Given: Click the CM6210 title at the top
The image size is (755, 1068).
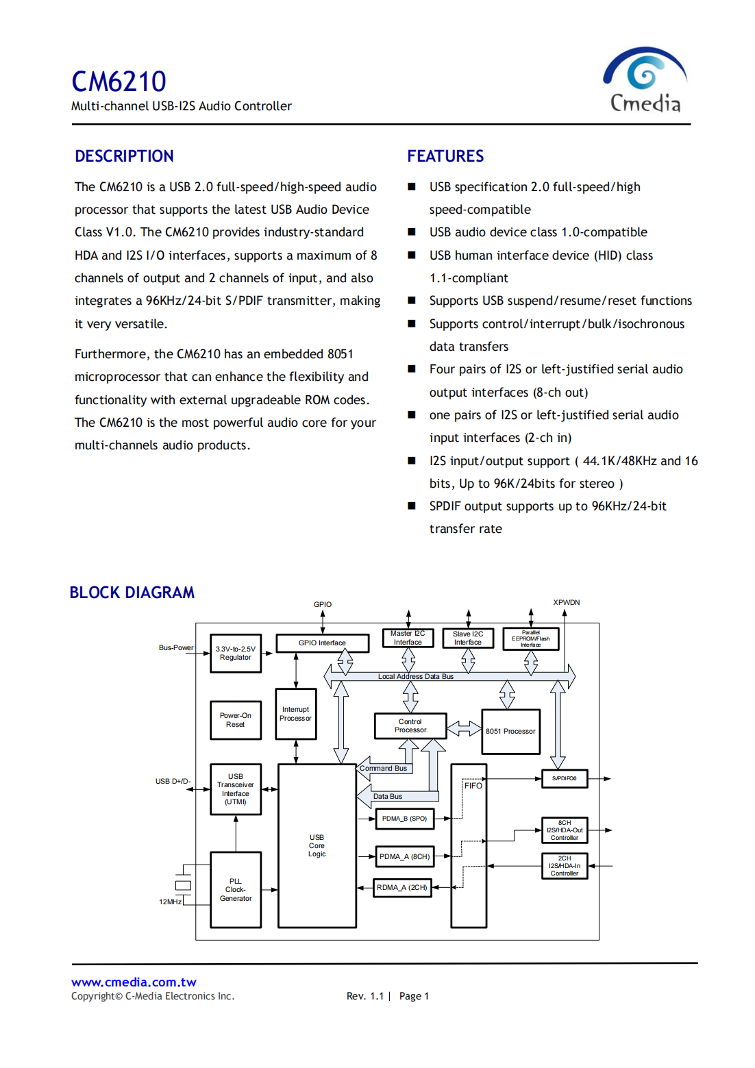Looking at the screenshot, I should [119, 82].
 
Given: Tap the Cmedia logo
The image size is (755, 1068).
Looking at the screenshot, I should [645, 80].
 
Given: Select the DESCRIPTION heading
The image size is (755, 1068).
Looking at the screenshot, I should [124, 156].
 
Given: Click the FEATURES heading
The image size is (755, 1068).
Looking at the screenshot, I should [445, 156].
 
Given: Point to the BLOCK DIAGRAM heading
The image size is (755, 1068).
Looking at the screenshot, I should [132, 593].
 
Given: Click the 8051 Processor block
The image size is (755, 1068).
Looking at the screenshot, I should [510, 732].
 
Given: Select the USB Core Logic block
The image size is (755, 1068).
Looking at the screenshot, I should [317, 846].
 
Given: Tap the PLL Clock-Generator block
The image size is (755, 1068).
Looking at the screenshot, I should [236, 890].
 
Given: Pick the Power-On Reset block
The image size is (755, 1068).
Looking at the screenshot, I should [236, 720].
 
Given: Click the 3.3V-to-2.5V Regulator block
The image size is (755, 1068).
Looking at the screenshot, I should [236, 654].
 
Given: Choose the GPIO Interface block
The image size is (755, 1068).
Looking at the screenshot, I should [322, 643].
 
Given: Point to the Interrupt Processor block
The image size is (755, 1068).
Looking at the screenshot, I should [295, 714].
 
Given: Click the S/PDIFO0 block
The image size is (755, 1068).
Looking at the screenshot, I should [565, 779].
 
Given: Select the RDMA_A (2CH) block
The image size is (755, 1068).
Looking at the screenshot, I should [402, 888].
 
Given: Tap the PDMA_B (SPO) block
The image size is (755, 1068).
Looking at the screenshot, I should [404, 819].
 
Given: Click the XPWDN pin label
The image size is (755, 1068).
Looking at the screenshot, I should [567, 603].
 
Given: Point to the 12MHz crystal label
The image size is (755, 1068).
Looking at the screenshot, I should [171, 902].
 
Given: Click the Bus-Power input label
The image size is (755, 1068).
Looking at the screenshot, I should [176, 648].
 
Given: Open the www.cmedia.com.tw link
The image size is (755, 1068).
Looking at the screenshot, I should [134, 982].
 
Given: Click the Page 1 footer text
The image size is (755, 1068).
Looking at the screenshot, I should [414, 997].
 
